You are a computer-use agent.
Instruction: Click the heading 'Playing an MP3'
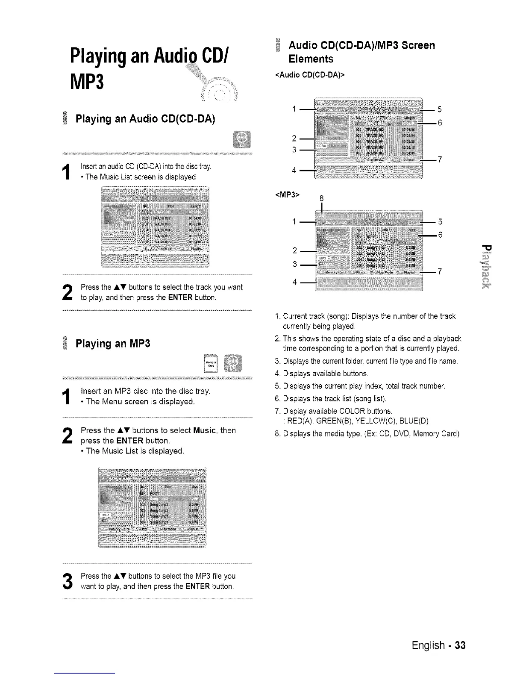[113, 343]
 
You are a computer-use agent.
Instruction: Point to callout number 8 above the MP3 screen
[322, 198]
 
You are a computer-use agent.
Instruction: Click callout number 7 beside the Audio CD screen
[440, 159]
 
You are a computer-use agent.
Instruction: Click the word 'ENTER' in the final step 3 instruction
[198, 586]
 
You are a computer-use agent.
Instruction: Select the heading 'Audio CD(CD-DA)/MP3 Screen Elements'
[361, 52]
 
